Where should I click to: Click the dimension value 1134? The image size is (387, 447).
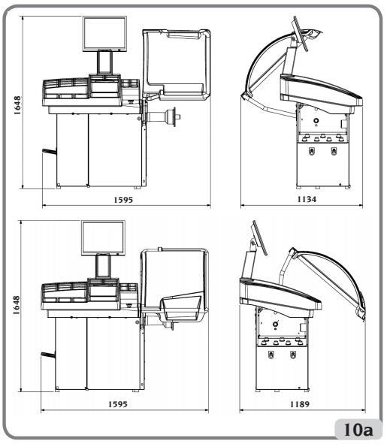307,199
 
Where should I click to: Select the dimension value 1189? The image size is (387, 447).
299,404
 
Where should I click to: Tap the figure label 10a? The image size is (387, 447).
358,430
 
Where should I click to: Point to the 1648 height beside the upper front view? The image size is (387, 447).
17,105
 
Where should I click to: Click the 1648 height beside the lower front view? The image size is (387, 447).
16,305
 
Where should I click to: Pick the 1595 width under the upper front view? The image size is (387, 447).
123,200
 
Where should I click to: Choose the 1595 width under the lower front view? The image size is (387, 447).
117,404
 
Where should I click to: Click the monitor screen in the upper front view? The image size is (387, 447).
104,34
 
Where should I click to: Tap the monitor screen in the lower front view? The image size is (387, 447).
103,237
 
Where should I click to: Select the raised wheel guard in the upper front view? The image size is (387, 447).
177,65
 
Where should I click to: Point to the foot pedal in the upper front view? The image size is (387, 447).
50,151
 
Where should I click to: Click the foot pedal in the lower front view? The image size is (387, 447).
48,355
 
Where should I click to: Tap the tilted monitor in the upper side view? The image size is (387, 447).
301,34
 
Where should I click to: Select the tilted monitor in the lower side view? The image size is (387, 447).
260,237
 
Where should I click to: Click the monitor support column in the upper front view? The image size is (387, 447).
104,63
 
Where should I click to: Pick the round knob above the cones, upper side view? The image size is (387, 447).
316,121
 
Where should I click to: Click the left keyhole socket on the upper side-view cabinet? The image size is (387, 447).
312,150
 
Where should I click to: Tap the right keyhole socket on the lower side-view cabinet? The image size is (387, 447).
293,355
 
